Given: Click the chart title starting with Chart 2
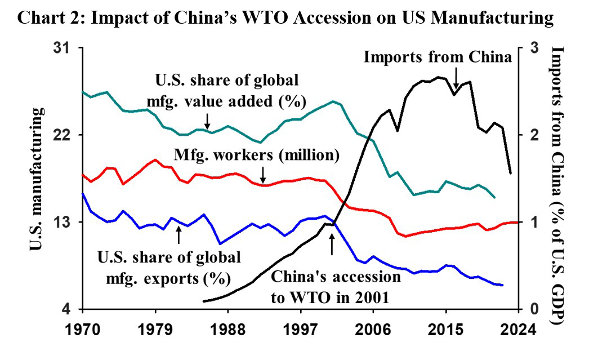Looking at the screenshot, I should [286, 18].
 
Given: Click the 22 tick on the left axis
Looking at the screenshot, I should [68, 135].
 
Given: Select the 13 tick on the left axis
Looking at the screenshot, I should [68, 223].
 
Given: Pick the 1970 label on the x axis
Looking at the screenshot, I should [83, 328].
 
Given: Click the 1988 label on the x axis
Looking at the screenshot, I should [228, 328].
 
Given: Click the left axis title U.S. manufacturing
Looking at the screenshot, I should [35, 179].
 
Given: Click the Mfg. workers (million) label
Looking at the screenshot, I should [257, 154].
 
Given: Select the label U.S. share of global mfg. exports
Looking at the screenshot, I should [169, 268].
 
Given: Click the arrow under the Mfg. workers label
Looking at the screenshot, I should [262, 174].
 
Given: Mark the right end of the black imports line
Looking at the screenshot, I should [511, 174].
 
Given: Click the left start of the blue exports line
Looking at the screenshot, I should [83, 194].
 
